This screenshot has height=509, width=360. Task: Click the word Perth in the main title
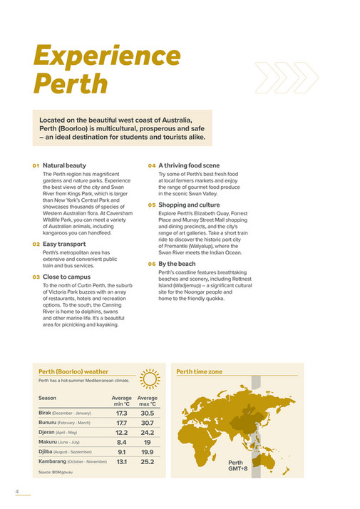coord(71,83)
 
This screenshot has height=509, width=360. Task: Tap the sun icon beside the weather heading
coord(149,376)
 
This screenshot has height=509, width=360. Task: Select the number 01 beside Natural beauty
coord(35,166)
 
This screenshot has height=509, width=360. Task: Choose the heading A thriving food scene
coord(184,165)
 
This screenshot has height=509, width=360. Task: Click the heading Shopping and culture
coord(187,205)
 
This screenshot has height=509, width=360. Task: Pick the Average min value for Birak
coord(121,413)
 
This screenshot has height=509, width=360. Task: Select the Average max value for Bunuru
coord(148,423)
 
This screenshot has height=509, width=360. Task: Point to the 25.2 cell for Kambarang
coord(148,461)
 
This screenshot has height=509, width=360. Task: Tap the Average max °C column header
coord(148,401)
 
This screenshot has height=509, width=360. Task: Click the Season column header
coord(48,398)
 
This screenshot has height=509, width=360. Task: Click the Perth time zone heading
coord(200,371)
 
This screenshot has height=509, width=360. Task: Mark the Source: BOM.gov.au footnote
coord(56,473)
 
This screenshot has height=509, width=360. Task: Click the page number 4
coord(17,491)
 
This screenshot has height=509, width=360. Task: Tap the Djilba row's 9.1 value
coord(122,452)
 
